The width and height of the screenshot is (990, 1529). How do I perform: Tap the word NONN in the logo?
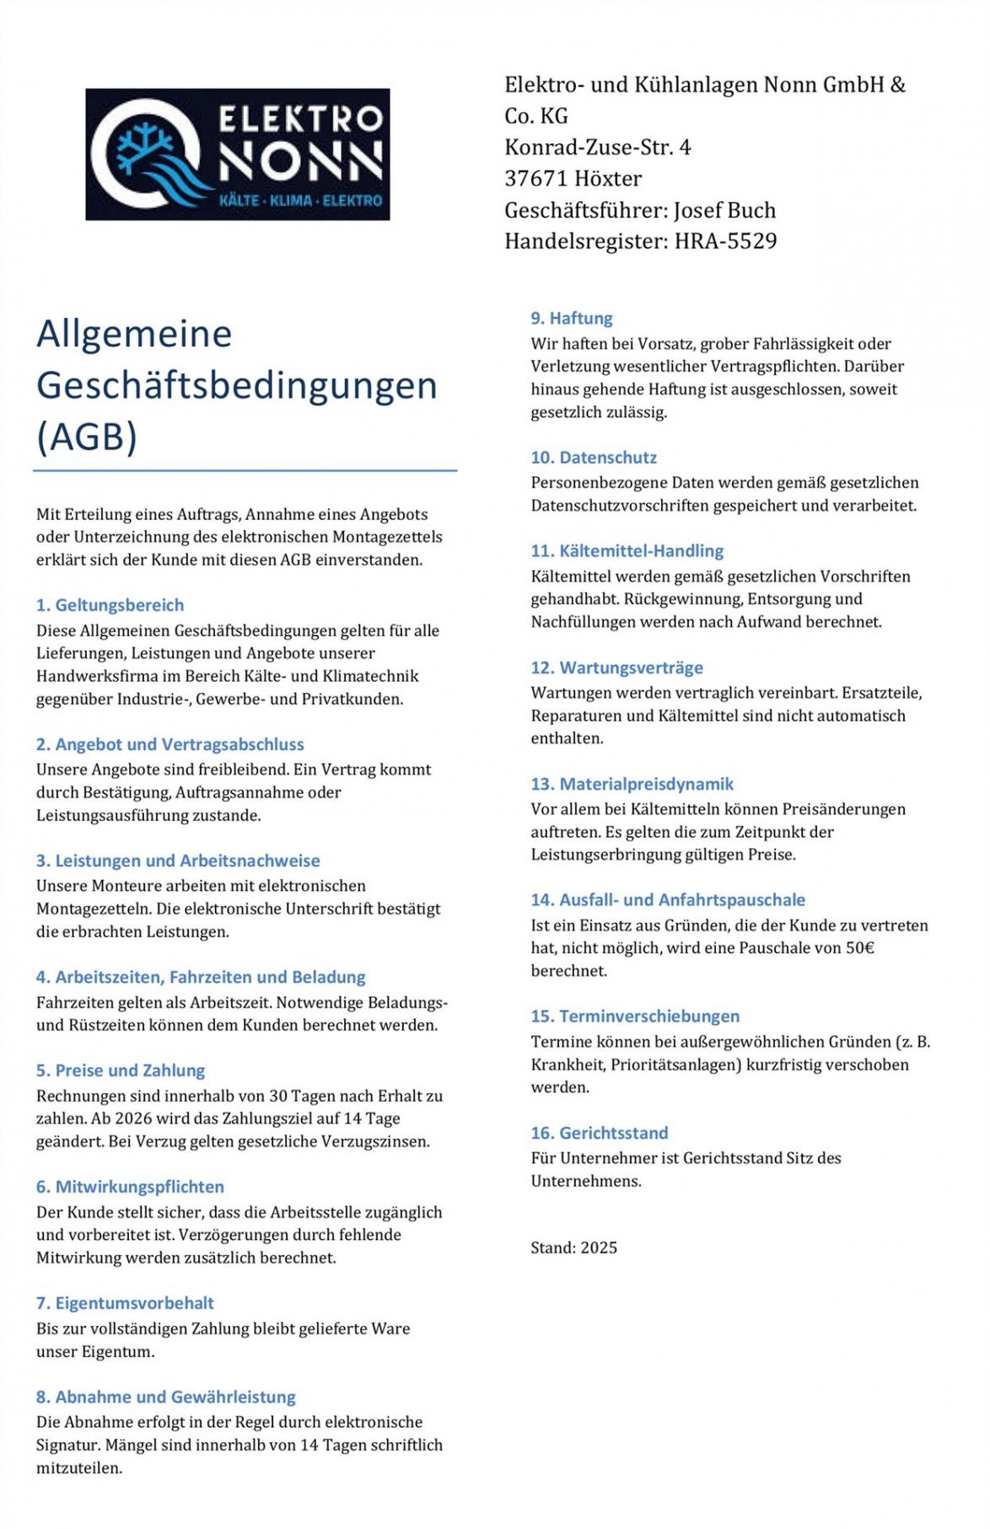click(300, 163)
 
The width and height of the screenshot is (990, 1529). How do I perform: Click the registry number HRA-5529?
click(725, 242)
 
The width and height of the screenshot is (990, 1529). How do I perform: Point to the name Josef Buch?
click(724, 211)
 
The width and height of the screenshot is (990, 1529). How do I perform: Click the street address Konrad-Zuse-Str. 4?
click(597, 148)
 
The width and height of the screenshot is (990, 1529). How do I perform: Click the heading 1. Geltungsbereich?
click(110, 605)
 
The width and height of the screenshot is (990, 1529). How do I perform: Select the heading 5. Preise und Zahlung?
click(121, 1070)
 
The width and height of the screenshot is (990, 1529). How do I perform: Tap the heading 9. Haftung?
click(571, 319)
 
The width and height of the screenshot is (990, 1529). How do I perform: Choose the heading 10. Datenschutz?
click(593, 458)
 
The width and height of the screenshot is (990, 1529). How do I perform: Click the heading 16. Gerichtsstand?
click(599, 1133)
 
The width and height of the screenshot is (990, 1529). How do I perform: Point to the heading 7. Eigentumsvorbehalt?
click(125, 1303)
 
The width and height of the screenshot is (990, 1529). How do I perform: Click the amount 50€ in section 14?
click(859, 948)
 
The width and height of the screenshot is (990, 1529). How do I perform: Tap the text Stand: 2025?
click(573, 1247)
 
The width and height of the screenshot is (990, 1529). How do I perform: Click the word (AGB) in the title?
click(87, 437)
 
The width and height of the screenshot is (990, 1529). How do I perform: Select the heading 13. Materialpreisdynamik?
click(632, 784)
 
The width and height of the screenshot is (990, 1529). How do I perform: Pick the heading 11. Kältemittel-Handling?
click(627, 551)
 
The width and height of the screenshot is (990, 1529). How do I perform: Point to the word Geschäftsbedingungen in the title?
click(237, 385)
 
